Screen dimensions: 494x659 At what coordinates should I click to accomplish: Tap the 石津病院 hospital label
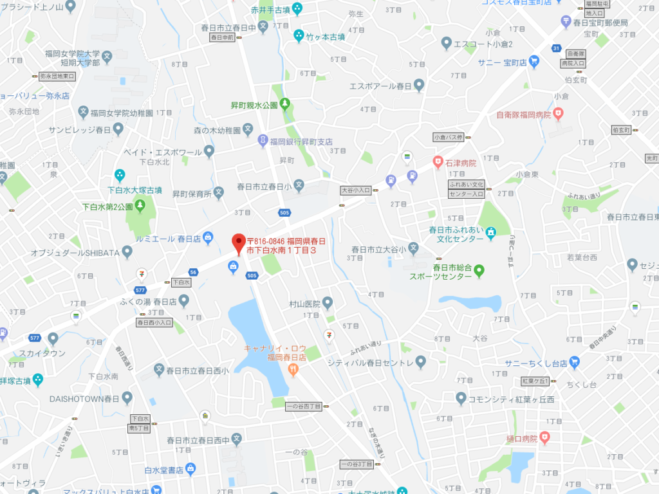(x=460, y=163)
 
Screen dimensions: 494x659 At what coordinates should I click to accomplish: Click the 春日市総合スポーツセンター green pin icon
(x=479, y=272)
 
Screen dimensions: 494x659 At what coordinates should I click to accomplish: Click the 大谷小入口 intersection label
(x=356, y=190)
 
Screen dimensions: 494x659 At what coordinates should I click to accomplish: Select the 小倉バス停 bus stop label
(x=449, y=137)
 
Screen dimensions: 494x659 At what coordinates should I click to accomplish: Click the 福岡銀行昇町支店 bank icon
(x=263, y=141)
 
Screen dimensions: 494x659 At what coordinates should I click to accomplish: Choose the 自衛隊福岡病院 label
(x=524, y=115)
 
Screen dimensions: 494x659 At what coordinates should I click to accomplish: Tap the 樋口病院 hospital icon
(x=545, y=439)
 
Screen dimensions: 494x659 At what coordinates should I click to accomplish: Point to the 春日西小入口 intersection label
(x=154, y=322)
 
